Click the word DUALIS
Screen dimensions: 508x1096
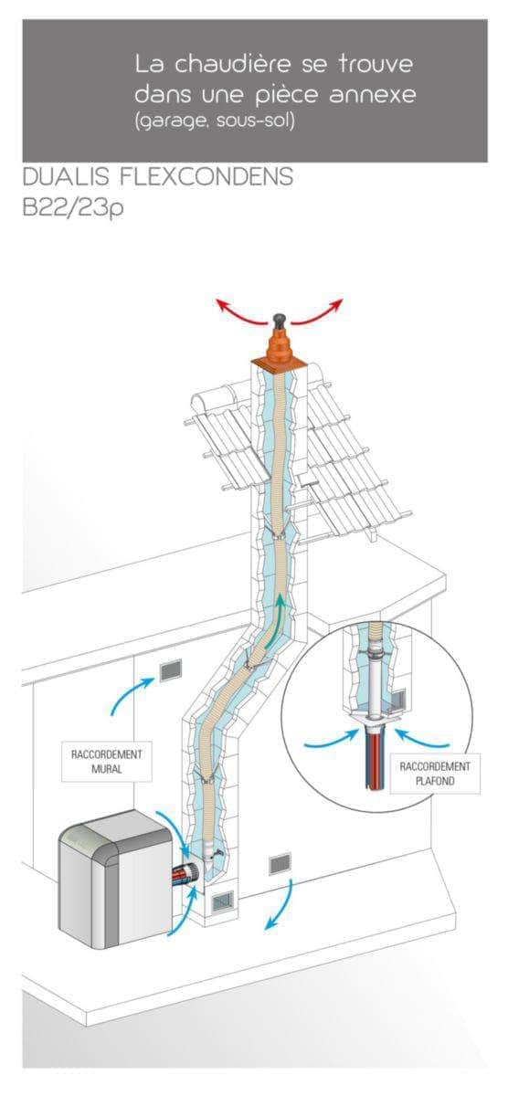(x=66, y=176)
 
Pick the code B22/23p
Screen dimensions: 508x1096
(x=72, y=207)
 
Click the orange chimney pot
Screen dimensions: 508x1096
(x=279, y=347)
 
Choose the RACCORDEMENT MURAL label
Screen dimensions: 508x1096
(x=107, y=762)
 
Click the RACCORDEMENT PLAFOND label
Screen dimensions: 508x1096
(x=435, y=773)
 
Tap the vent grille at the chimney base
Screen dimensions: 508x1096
(x=222, y=900)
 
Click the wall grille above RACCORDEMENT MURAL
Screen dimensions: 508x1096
(x=170, y=669)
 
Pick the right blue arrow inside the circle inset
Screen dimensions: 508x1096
(x=421, y=738)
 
